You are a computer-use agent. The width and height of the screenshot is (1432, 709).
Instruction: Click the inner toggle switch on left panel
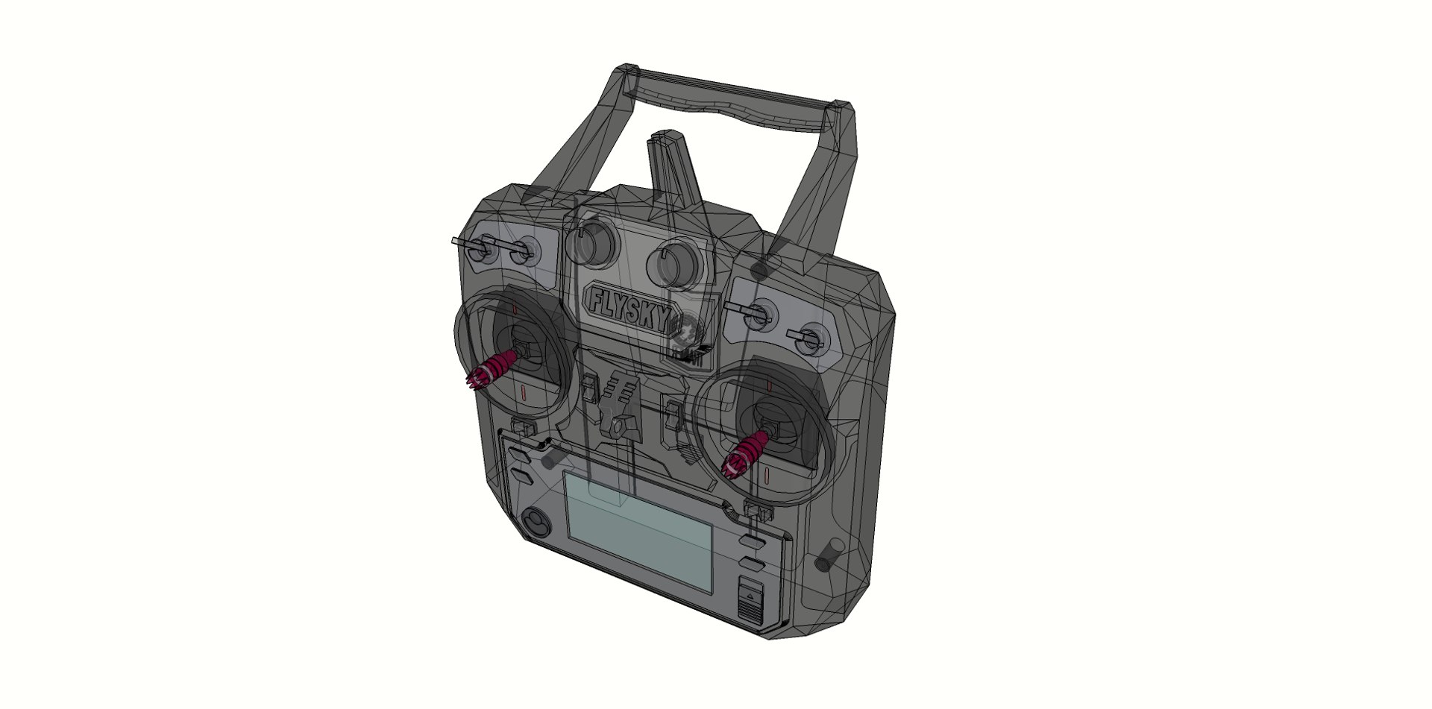coord(521,252)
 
